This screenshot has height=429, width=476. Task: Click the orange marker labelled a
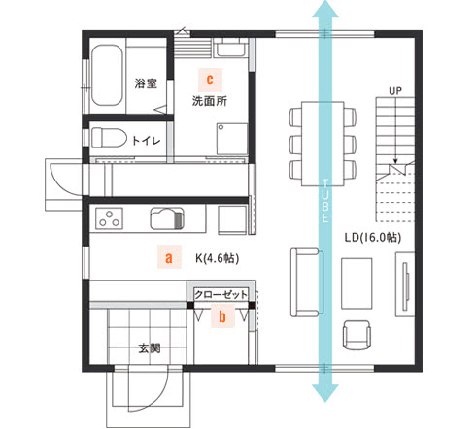point(169,257)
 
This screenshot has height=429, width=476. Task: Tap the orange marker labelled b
point(222,316)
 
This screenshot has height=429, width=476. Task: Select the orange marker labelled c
point(210,80)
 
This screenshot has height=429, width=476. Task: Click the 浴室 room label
point(146,83)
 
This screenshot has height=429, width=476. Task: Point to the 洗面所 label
point(210,101)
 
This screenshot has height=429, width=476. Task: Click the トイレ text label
point(147,141)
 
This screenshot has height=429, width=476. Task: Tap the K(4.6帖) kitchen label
point(218,258)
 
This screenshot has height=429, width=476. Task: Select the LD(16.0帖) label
point(373,238)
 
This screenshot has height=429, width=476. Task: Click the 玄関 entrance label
point(150,348)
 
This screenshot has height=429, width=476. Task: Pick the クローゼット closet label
point(221,295)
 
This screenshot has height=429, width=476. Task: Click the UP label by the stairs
point(395,91)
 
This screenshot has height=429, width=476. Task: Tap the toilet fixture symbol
point(109,138)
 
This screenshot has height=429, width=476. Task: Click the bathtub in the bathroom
point(107,75)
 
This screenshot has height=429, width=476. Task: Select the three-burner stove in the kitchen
point(109,218)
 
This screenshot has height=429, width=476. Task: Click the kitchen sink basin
point(167,218)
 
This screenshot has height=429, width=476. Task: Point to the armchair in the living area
point(357,335)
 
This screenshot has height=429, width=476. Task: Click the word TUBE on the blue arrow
point(325,201)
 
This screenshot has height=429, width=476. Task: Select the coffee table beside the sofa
point(357,283)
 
